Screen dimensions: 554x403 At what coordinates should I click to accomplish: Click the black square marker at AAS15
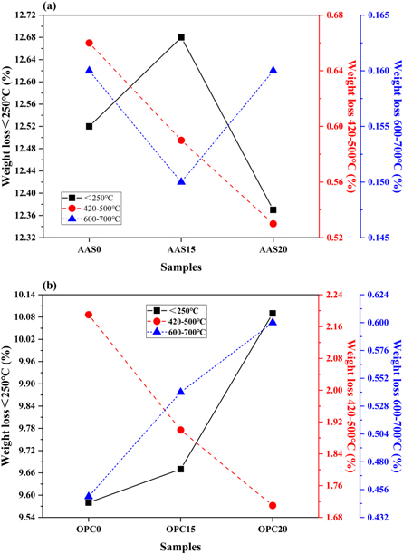click(181, 37)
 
